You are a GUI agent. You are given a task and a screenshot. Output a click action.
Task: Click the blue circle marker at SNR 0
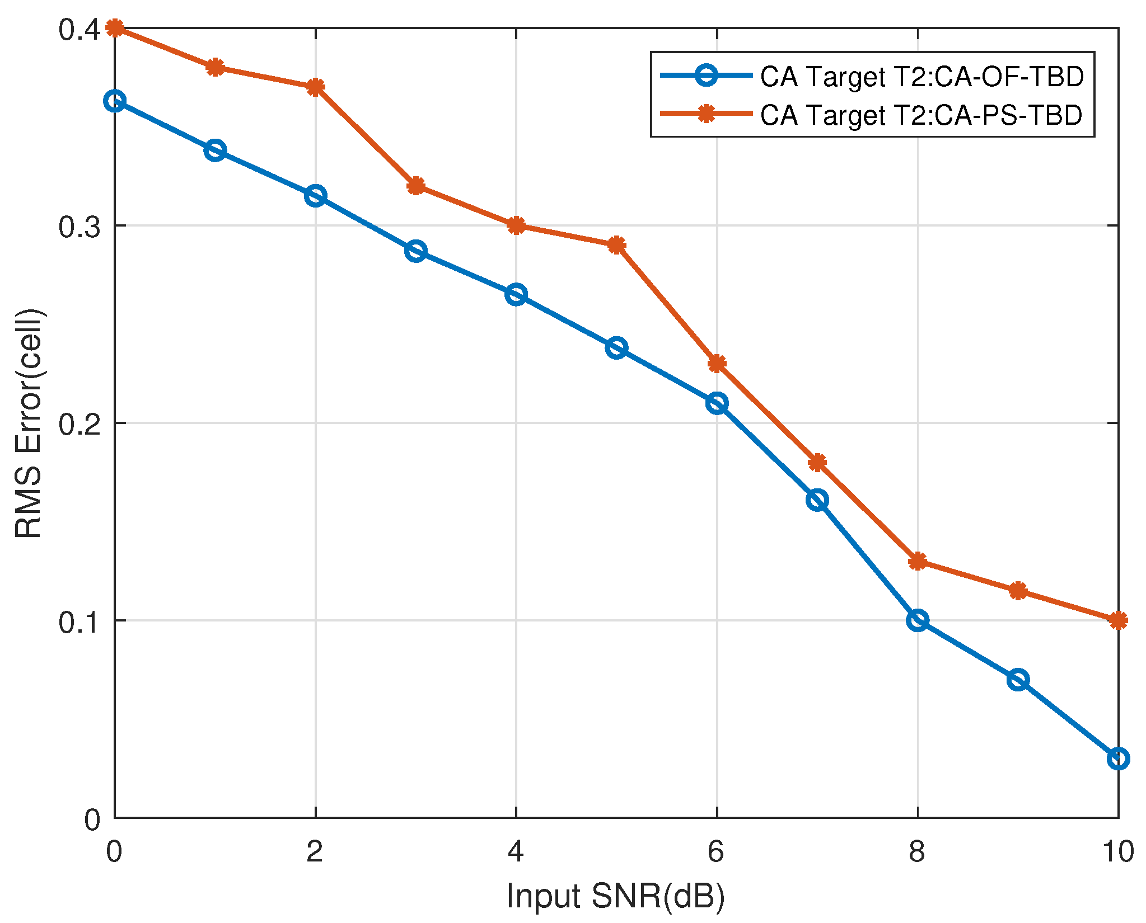[115, 101]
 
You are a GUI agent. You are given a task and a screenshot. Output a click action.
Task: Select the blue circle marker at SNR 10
[1118, 759]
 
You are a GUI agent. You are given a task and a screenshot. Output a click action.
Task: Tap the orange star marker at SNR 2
[315, 87]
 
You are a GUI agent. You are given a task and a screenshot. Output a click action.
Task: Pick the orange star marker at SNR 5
[616, 245]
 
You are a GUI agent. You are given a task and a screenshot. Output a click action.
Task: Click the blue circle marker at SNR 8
[918, 620]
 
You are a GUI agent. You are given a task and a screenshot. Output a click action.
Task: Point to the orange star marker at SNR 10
[1118, 620]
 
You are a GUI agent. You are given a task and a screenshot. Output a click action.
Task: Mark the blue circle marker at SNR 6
[717, 403]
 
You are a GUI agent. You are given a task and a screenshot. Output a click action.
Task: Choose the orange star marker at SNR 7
[817, 462]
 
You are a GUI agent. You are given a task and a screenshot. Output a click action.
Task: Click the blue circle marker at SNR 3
[415, 251]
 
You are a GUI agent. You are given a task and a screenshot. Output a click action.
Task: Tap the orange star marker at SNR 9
[1018, 591]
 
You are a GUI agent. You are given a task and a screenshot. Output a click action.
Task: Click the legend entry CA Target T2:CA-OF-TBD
[922, 77]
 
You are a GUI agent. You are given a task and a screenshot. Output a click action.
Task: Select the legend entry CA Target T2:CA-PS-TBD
[920, 115]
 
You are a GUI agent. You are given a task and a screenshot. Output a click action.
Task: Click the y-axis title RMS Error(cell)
[28, 423]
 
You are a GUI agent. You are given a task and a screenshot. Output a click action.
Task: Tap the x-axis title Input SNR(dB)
[616, 897]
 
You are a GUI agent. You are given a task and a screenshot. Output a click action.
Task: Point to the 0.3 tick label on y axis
[79, 227]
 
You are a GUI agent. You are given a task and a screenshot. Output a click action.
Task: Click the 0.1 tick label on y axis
[79, 621]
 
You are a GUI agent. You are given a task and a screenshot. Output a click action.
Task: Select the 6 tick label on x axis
[717, 852]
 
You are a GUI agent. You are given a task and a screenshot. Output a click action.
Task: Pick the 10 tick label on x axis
[1118, 852]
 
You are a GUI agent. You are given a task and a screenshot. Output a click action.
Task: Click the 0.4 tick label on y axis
[79, 29]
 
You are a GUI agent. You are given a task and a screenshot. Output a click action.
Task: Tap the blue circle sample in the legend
[707, 76]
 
